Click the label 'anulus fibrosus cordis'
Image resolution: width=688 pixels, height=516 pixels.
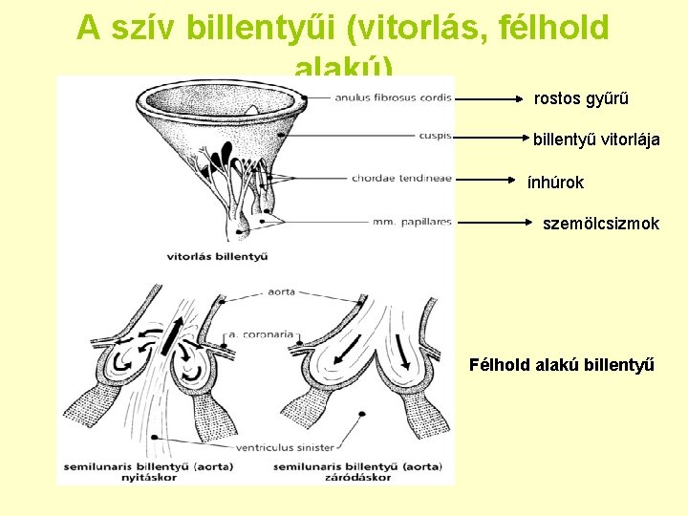(x=393, y=96)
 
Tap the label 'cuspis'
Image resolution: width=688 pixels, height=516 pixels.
(x=435, y=136)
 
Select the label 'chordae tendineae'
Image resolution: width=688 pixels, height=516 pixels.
(x=401, y=178)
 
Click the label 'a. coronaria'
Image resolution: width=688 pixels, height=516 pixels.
(x=261, y=334)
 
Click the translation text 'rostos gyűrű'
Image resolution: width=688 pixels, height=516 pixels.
(x=581, y=98)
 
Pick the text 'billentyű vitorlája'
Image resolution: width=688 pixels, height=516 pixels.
(x=596, y=140)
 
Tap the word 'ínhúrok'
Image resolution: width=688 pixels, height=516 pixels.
(x=555, y=182)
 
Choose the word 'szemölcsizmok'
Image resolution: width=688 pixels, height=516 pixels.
(x=601, y=224)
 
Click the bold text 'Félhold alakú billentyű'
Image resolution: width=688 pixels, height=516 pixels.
(x=562, y=364)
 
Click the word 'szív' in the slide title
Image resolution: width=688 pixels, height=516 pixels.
(x=143, y=29)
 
